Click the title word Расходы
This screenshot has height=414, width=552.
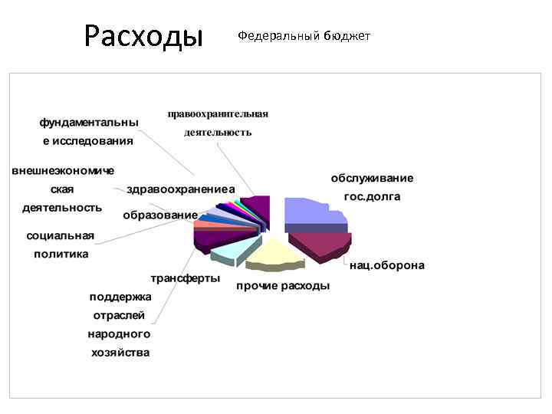point(143,35)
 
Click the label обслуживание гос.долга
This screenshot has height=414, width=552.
point(372,187)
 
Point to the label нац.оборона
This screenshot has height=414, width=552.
point(386,266)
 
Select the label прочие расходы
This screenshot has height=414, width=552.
point(283,286)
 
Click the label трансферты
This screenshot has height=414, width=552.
point(184,278)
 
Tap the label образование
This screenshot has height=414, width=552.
point(160,215)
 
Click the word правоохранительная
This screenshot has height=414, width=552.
point(218,114)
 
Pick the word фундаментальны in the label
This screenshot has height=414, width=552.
point(89,122)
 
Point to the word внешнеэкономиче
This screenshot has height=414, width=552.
point(62,169)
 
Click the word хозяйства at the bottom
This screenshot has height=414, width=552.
point(120,353)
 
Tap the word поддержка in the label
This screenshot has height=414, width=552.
point(120,297)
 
